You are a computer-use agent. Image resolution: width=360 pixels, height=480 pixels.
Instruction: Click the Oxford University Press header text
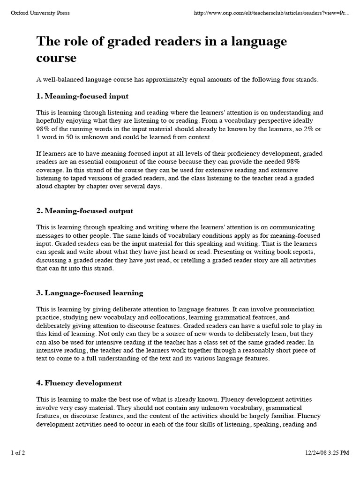tap(40, 13)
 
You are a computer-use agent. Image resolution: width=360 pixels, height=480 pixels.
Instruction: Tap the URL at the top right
tap(271, 13)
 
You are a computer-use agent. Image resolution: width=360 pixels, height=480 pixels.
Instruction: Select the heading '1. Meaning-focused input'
tap(82, 96)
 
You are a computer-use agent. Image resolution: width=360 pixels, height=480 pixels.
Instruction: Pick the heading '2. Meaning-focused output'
tap(85, 211)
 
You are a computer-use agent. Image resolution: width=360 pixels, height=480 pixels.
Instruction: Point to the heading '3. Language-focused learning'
tap(90, 293)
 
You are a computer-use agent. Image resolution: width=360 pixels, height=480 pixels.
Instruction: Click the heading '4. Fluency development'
tap(79, 383)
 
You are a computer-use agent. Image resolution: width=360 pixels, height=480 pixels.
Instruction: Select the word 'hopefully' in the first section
tap(50, 121)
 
